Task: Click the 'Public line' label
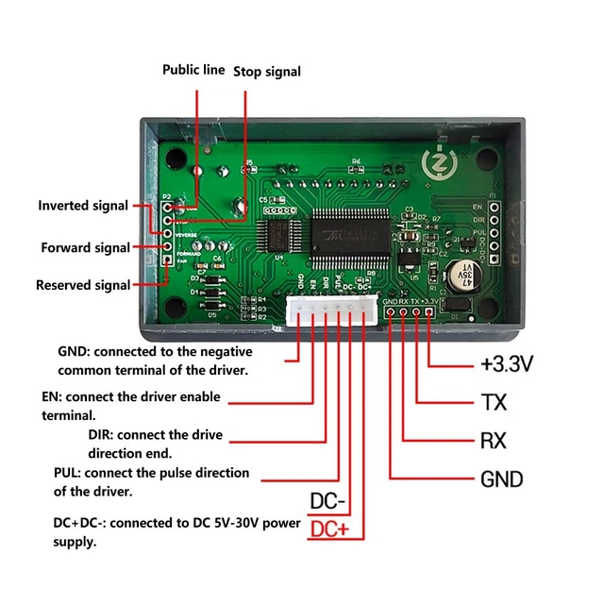[193, 70]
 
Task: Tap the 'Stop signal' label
[266, 71]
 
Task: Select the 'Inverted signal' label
[82, 206]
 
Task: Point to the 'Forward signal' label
[85, 248]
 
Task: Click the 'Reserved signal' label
[83, 285]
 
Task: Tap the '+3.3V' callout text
[508, 363]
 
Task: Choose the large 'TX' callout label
[494, 403]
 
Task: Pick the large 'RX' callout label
[494, 441]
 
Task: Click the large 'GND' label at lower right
[501, 479]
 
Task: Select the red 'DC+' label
[329, 529]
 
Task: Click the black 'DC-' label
[327, 500]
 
